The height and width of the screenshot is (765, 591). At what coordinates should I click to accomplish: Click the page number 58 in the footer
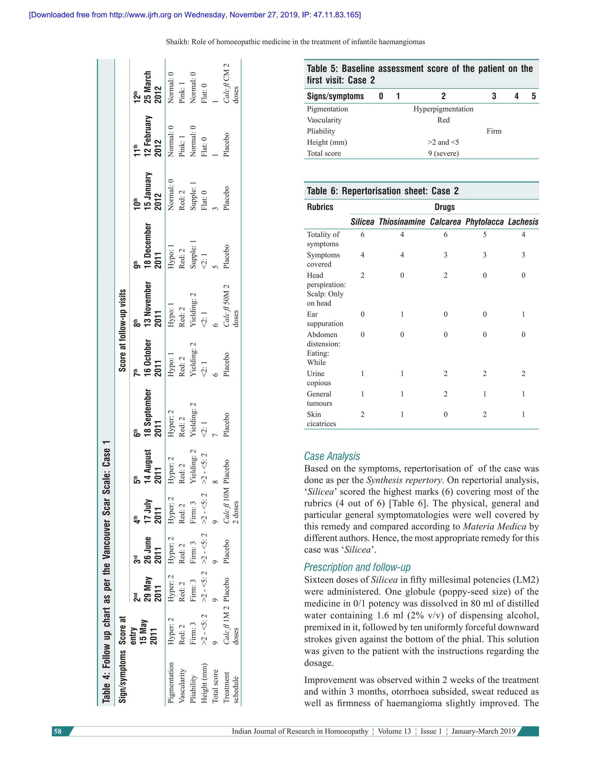(x=58, y=731)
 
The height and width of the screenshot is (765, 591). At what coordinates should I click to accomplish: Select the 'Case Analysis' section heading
(x=332, y=456)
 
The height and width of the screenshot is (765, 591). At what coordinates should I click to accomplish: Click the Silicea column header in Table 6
(x=362, y=222)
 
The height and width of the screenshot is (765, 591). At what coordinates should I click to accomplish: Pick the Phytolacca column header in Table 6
(x=484, y=222)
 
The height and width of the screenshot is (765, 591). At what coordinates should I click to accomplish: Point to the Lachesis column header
(x=523, y=222)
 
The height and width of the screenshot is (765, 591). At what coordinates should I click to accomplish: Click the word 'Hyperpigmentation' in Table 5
(x=443, y=109)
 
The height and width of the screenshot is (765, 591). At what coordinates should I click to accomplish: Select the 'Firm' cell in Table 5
(x=494, y=131)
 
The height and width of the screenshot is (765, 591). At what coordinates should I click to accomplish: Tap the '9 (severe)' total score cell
(x=443, y=153)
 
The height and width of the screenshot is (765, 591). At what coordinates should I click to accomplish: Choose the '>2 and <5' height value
(x=443, y=142)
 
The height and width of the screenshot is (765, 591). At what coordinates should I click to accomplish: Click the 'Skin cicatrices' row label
(x=321, y=419)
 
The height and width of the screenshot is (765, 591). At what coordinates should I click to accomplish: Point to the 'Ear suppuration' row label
(x=325, y=319)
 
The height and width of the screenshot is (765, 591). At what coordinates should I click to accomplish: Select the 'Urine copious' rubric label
(x=319, y=378)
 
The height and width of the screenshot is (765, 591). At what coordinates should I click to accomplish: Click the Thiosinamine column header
(x=402, y=222)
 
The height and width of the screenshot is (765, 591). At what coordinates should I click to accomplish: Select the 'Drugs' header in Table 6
(x=444, y=207)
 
